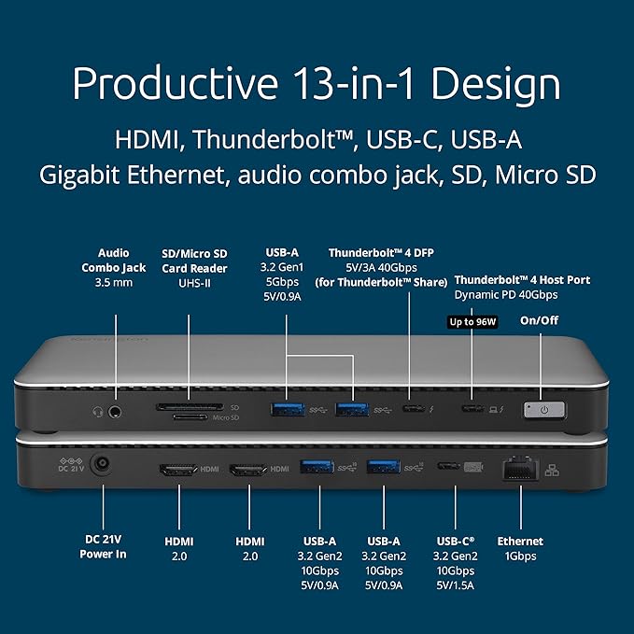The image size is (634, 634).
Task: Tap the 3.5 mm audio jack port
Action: click(x=117, y=409)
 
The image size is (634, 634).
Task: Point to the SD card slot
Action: click(x=195, y=407)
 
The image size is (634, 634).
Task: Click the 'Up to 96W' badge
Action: click(x=472, y=321)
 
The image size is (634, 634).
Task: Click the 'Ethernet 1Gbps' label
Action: click(x=520, y=548)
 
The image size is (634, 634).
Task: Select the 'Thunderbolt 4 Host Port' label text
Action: click(x=517, y=279)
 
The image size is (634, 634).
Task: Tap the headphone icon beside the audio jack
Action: click(x=98, y=409)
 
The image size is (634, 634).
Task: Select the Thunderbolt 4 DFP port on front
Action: click(x=412, y=408)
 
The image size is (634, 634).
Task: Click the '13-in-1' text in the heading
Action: click(x=359, y=83)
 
